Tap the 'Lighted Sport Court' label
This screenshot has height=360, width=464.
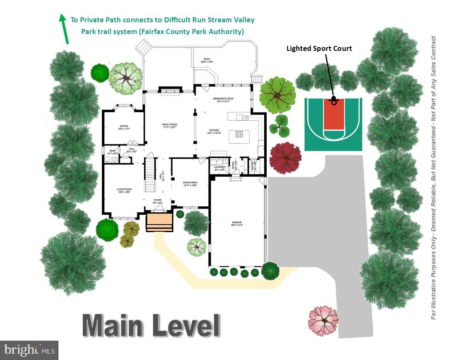319,48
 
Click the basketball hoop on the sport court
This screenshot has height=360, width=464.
334,101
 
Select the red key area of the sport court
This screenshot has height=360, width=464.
334,116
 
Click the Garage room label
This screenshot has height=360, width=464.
238,223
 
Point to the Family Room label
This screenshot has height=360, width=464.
170,126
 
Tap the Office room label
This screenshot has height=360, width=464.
124,127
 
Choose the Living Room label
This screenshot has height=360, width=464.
124,191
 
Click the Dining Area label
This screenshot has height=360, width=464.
190,183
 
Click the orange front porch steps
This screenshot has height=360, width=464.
159,222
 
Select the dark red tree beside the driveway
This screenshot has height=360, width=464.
286,157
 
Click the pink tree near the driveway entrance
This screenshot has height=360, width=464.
323,320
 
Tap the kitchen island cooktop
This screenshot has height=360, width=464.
239,135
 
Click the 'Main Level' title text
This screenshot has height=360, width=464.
151,325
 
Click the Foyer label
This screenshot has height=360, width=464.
157,202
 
